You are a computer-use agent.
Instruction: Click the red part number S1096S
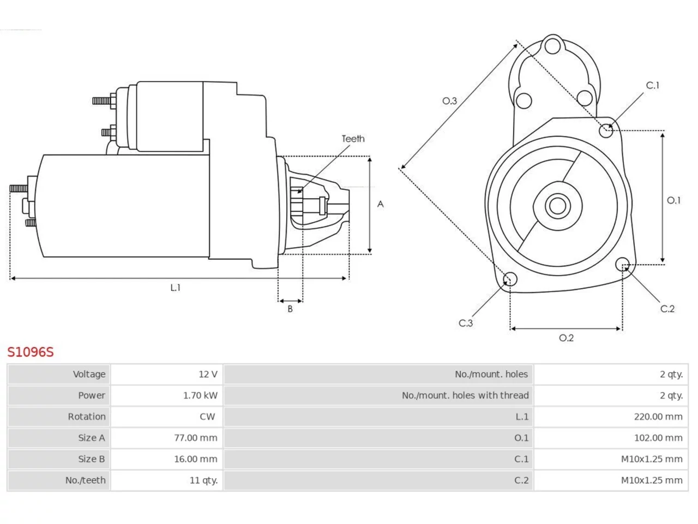[x=31, y=352]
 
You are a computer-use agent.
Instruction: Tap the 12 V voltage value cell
[x=208, y=374]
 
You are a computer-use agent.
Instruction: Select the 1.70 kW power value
[x=200, y=396]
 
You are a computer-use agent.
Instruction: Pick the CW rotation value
[x=207, y=416]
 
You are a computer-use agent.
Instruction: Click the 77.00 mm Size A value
[x=196, y=438]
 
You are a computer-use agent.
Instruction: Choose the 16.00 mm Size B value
[x=196, y=459]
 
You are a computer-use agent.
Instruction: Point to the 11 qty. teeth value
[x=203, y=480]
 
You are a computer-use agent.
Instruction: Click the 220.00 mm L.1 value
[x=658, y=416]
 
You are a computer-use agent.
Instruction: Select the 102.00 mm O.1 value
[x=658, y=438]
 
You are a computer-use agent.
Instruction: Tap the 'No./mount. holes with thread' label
[x=465, y=396]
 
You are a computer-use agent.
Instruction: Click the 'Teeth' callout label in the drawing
[x=353, y=139]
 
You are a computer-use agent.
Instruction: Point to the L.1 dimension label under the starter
[x=175, y=288]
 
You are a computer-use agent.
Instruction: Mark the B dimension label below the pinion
[x=290, y=308]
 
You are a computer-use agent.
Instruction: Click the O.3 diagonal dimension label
[x=450, y=101]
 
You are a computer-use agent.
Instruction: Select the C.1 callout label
[x=653, y=85]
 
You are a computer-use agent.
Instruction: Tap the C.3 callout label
[x=466, y=323]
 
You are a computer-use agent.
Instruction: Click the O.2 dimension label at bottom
[x=567, y=338]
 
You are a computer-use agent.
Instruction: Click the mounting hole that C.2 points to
[x=622, y=264]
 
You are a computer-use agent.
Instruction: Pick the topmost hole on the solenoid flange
[x=553, y=46]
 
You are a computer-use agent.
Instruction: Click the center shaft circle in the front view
[x=557, y=206]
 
